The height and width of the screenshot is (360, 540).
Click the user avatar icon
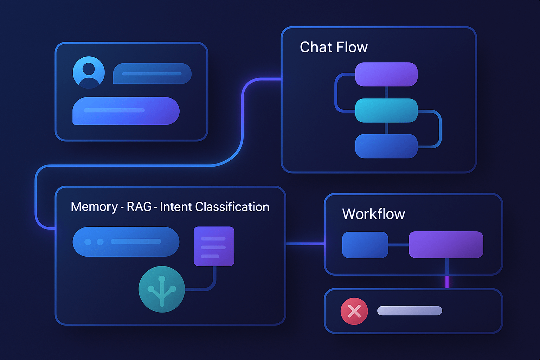(x=89, y=72)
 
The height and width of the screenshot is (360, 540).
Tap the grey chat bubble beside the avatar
(x=152, y=73)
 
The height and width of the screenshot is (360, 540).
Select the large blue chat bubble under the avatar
(x=126, y=111)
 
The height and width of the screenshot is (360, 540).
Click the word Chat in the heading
(x=316, y=47)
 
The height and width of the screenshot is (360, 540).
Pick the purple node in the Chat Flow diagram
(x=386, y=74)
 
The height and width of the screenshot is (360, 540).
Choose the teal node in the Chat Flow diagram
(x=386, y=110)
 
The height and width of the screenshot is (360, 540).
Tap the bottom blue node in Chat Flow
(x=386, y=146)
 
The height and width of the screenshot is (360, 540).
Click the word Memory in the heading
(x=94, y=207)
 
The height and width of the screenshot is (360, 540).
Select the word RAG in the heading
(x=139, y=207)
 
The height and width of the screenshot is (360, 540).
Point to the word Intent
(x=176, y=207)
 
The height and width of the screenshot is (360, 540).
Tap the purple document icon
(x=214, y=246)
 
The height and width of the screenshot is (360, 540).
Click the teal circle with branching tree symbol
(x=162, y=289)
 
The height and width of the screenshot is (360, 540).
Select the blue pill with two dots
(x=126, y=242)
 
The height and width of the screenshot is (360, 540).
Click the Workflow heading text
(x=373, y=214)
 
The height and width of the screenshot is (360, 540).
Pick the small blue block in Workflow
(x=365, y=245)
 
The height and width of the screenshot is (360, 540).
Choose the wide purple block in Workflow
(x=446, y=244)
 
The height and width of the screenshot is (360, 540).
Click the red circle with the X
(x=354, y=311)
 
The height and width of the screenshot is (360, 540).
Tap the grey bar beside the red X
(x=410, y=311)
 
